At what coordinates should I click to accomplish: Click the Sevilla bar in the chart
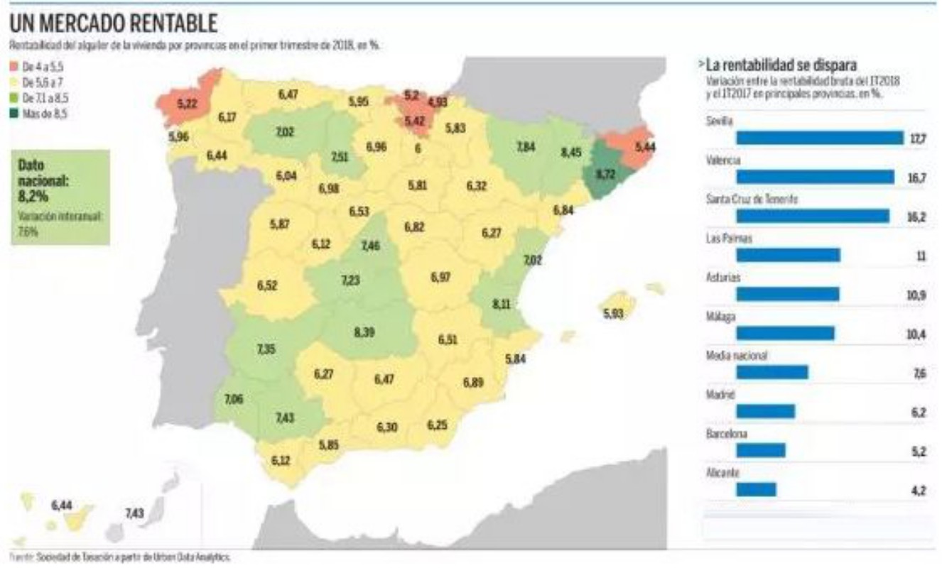click(819, 138)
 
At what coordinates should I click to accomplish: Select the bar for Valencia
click(815, 177)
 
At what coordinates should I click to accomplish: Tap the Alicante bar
click(756, 489)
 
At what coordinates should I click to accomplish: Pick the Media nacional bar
click(772, 372)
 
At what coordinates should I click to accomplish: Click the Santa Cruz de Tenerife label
click(752, 200)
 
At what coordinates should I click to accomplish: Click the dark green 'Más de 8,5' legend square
click(14, 113)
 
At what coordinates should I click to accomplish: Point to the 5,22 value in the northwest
click(186, 104)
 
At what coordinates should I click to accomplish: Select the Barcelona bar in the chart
click(761, 450)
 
